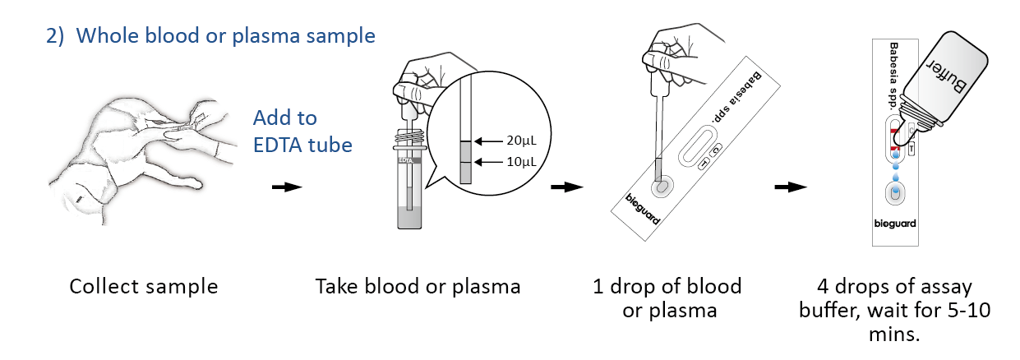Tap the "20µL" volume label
(x=524, y=139)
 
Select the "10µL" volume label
(x=524, y=162)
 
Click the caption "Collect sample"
(x=144, y=287)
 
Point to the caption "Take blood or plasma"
(x=418, y=287)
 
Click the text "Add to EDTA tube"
(x=302, y=132)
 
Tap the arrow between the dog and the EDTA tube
(x=286, y=187)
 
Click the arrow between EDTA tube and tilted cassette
(x=566, y=187)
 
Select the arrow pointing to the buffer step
(x=790, y=187)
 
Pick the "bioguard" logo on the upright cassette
(x=895, y=224)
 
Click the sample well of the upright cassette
(x=895, y=194)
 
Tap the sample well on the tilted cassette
(x=659, y=187)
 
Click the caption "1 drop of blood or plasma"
(x=667, y=298)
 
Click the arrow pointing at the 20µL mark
(x=491, y=139)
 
